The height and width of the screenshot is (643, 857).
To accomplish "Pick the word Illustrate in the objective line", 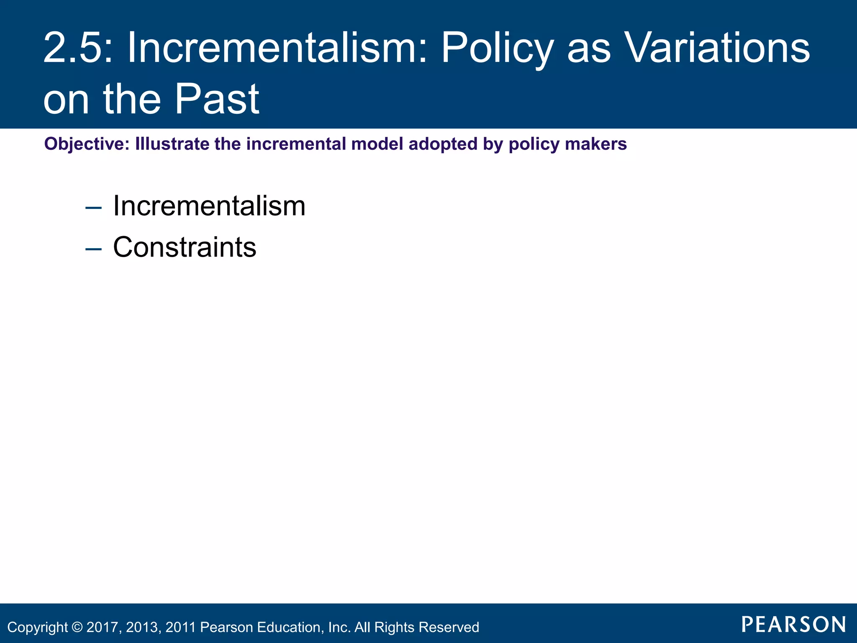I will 172,144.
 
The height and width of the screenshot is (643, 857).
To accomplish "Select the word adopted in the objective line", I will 443,144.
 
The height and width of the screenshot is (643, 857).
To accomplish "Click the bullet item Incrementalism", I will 209,206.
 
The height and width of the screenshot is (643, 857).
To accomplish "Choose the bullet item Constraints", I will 185,247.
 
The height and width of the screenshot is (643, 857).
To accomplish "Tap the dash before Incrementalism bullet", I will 93,208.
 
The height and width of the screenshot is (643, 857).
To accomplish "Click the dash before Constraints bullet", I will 93,249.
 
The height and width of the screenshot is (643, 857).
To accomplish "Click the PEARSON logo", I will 794,625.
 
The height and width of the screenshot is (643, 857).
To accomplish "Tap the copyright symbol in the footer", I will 77,627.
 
